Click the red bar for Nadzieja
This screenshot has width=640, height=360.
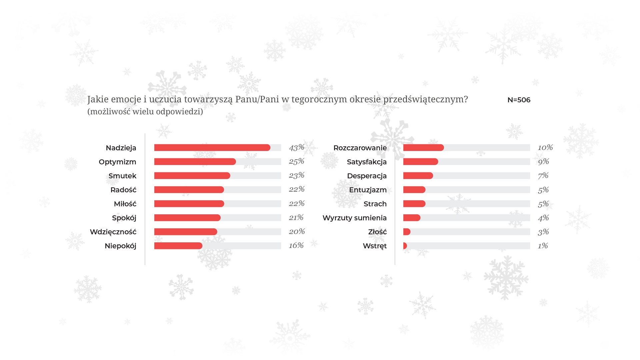tap(212, 148)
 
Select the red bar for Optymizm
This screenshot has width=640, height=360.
tap(195, 162)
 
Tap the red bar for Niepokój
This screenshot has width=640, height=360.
tap(178, 246)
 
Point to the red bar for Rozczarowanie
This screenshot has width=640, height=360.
tap(423, 148)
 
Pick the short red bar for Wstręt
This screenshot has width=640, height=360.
tap(405, 246)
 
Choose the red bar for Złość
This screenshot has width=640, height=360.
tap(407, 232)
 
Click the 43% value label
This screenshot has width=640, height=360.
tap(297, 147)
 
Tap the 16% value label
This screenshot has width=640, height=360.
tap(296, 246)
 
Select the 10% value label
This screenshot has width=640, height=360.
tap(545, 147)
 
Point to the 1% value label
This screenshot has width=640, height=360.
tap(543, 246)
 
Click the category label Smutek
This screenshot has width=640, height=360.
tap(122, 176)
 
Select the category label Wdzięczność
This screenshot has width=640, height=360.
tap(113, 232)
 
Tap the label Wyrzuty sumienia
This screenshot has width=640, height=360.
tap(354, 218)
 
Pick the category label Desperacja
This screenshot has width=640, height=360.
tap(367, 176)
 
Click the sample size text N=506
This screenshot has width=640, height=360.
tap(519, 100)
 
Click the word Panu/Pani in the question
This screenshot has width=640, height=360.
tap(257, 99)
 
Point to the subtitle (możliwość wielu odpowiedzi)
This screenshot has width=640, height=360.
tap(145, 111)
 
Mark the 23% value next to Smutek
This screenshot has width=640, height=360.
tap(297, 175)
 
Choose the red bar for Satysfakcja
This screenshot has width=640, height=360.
tap(420, 162)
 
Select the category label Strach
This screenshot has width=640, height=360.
tap(375, 204)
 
